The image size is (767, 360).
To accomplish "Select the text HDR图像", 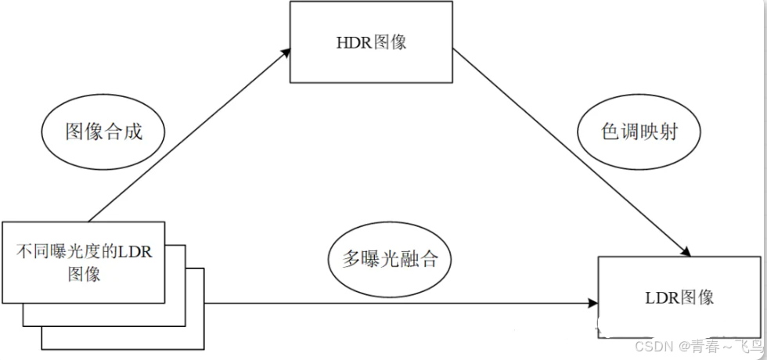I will click(371, 41).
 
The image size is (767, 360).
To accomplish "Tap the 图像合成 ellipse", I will click(103, 131).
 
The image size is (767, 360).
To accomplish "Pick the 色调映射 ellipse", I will click(639, 131).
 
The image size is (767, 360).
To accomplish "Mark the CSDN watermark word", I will click(650, 346).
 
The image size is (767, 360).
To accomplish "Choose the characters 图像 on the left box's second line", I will click(84, 274).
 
